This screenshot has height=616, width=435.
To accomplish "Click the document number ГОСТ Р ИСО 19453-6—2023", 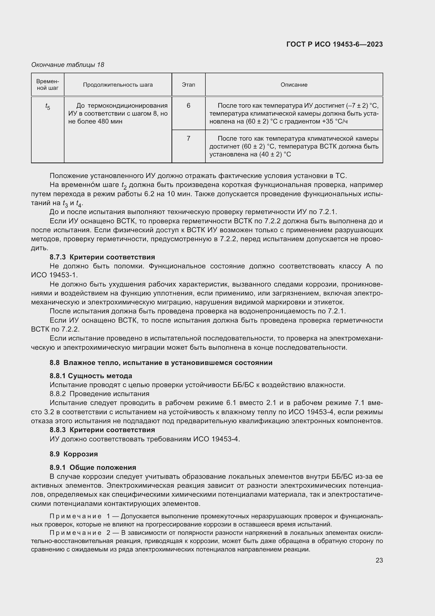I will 334,45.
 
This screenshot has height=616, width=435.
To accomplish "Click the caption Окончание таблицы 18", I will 68,65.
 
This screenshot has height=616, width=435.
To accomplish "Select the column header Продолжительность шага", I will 118,85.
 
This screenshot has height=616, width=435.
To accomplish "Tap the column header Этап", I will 188,85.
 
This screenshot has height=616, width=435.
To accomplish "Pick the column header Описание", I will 294,85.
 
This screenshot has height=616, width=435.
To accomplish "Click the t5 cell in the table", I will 48,107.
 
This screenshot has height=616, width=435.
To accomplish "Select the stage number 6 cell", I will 188,106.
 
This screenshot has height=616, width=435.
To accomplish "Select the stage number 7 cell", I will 188,139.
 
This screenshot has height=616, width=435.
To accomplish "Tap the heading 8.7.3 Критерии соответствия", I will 102,257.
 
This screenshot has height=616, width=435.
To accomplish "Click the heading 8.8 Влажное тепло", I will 161,363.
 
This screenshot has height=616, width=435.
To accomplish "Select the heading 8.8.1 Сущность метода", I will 91,376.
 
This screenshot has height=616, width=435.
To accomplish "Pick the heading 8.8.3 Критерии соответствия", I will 102,430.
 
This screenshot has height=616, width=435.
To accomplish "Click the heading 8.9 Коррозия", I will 74,454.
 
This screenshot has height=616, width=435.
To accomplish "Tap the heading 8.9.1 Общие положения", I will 93,467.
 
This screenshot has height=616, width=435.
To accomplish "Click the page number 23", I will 379,560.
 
